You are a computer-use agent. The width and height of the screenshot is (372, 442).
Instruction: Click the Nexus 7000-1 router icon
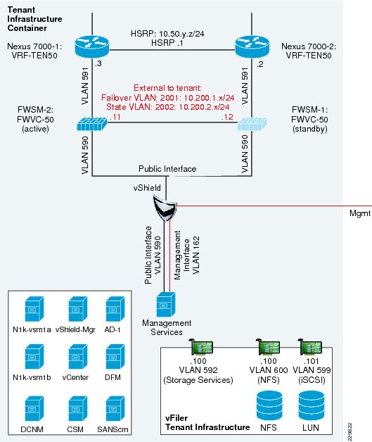pyautogui.click(x=92, y=46)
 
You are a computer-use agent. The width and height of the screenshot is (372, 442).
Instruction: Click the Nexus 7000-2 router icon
pyautogui.click(x=252, y=46)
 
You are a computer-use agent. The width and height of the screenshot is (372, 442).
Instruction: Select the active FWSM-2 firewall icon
pyautogui.click(x=92, y=124)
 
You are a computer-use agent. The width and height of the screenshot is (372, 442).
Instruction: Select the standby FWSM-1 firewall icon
pyautogui.click(x=252, y=124)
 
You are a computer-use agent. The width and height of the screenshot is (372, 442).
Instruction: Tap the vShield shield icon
pyautogui.click(x=165, y=208)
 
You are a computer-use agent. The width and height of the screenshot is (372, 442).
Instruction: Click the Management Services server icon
pyautogui.click(x=166, y=305)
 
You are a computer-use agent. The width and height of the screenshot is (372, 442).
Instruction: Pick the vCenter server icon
pyautogui.click(x=78, y=357)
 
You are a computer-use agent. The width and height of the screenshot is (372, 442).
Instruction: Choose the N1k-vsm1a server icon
pyautogui.click(x=34, y=309)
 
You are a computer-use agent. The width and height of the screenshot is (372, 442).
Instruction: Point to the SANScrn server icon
pyautogui.click(x=115, y=409)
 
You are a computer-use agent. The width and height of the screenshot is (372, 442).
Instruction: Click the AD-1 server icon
pyautogui.click(x=115, y=309)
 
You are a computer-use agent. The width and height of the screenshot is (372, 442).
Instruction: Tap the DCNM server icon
pyautogui.click(x=34, y=409)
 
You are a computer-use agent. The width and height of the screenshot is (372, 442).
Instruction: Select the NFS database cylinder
pyautogui.click(x=269, y=405)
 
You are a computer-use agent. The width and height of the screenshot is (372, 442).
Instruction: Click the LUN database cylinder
pyautogui.click(x=312, y=405)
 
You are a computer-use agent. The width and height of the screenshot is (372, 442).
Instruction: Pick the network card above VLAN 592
pyautogui.click(x=202, y=347)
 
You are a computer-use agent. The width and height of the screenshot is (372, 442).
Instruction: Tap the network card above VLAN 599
pyautogui.click(x=309, y=347)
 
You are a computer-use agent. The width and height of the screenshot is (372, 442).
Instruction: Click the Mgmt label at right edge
pyautogui.click(x=360, y=213)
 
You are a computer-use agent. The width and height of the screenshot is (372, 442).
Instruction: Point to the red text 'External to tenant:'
pyautogui.click(x=167, y=88)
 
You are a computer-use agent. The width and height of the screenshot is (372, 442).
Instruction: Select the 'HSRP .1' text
pyautogui.click(x=167, y=43)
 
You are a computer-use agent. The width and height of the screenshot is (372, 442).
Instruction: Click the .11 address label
pyautogui.click(x=115, y=117)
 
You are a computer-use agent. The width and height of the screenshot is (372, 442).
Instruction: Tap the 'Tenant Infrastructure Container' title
pyautogui.click(x=34, y=19)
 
